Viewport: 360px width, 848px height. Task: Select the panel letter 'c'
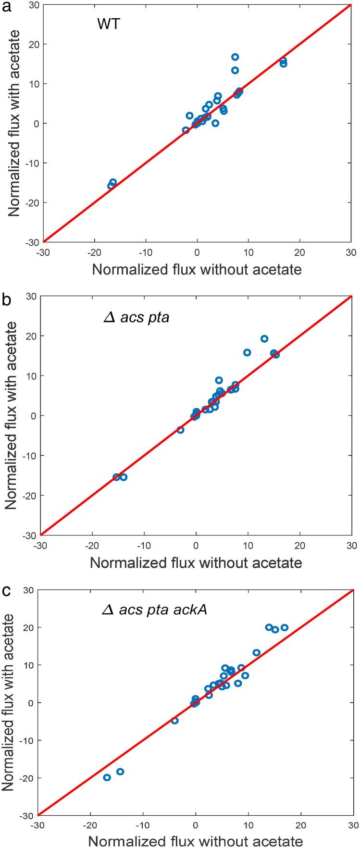pyautogui.click(x=6, y=590)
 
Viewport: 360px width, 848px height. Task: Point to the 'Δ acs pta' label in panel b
pyautogui.click(x=137, y=318)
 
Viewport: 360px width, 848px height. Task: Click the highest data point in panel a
pyautogui.click(x=235, y=57)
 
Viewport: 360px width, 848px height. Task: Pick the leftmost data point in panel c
pyautogui.click(x=107, y=777)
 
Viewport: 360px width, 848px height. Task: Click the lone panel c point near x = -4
pyautogui.click(x=175, y=721)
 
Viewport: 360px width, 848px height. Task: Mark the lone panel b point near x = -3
pyautogui.click(x=180, y=430)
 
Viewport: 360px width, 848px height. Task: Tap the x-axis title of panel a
pyautogui.click(x=197, y=269)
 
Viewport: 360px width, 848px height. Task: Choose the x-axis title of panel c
pyautogui.click(x=196, y=842)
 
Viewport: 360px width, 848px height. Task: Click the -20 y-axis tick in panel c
pyautogui.click(x=27, y=778)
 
